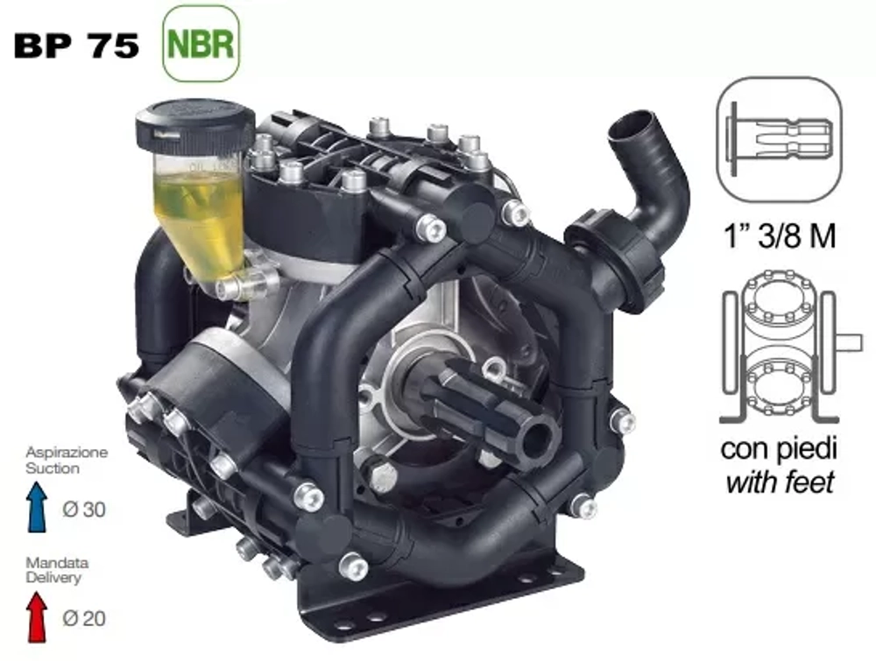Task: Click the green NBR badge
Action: pyautogui.click(x=201, y=44)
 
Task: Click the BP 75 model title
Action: pyautogui.click(x=76, y=46)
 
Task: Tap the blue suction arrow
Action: pyautogui.click(x=37, y=507)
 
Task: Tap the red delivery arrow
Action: pyautogui.click(x=37, y=616)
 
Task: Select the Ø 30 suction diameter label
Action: pyautogui.click(x=84, y=510)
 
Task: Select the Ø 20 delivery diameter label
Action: pyautogui.click(x=84, y=618)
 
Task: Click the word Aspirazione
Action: pyautogui.click(x=67, y=453)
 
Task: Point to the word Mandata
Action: pyautogui.click(x=57, y=563)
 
